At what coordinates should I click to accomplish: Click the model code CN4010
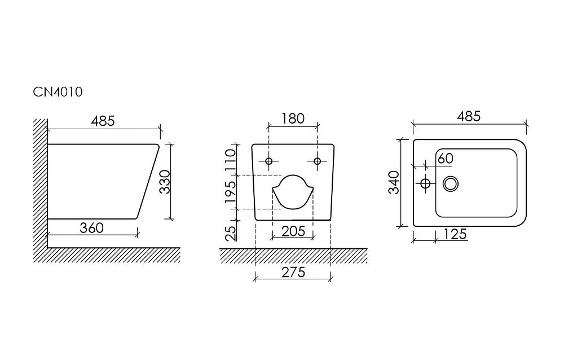[58, 92]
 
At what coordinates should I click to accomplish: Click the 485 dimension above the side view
[103, 121]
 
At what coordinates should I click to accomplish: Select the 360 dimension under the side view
[92, 228]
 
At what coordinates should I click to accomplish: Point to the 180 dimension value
[293, 118]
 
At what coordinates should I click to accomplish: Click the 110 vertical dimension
[230, 160]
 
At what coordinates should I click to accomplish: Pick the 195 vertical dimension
[230, 192]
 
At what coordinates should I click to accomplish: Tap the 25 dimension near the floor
[231, 232]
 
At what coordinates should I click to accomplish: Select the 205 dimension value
[293, 231]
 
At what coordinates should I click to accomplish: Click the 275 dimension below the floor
[293, 273]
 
